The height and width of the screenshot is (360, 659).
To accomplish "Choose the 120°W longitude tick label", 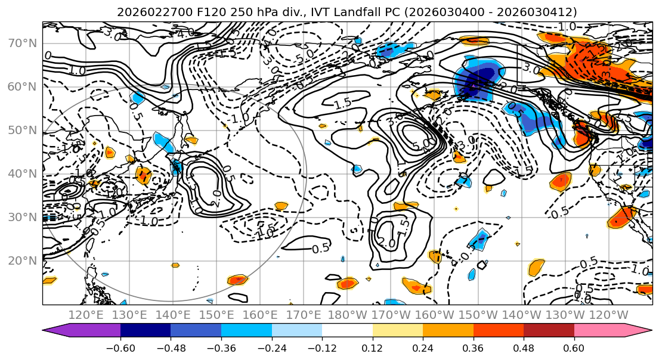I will point(608,315).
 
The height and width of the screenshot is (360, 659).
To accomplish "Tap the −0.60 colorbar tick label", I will point(120,348).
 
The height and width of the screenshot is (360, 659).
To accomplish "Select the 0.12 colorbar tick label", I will point(373,348).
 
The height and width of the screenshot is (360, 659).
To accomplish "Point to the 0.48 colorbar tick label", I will point(524,348).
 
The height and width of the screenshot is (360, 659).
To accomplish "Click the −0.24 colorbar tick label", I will point(272,348).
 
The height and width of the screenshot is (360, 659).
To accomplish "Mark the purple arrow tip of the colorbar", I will point(45,331).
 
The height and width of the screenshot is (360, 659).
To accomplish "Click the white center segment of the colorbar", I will point(347,331).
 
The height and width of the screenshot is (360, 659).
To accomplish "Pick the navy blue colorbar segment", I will point(146,331).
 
